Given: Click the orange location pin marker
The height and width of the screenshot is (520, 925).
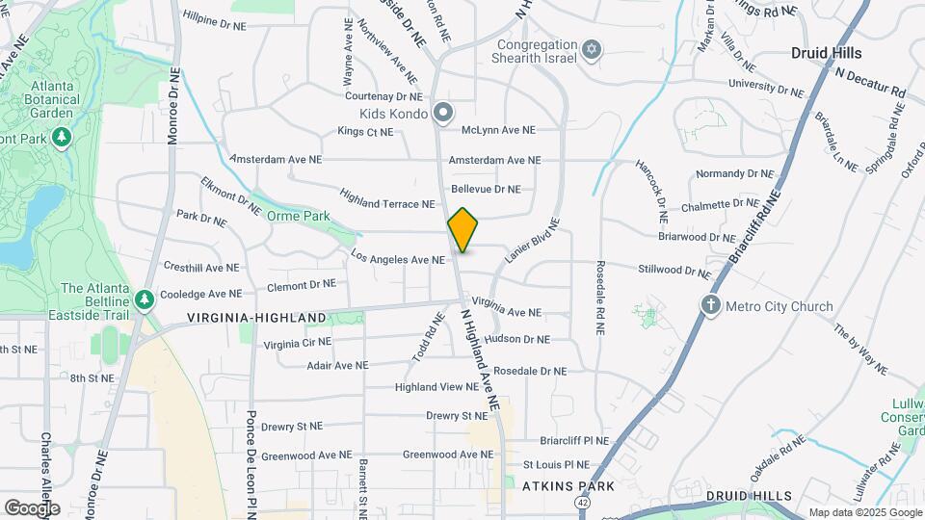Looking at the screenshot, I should (462, 229).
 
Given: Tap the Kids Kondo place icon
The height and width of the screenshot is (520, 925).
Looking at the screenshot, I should (443, 114).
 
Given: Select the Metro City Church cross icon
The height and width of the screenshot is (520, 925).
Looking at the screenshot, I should (711, 306).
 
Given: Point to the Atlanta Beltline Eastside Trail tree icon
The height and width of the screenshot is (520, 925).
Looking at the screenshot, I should (145, 299).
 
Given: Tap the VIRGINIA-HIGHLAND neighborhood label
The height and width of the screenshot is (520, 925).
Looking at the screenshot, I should (256, 318).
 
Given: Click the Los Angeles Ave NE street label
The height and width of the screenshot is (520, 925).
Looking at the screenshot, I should (398, 259).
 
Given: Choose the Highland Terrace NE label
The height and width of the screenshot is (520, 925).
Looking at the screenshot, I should (385, 204).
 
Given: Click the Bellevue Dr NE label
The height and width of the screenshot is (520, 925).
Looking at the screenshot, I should (486, 190).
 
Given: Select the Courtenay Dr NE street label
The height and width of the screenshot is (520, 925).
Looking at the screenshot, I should (383, 96).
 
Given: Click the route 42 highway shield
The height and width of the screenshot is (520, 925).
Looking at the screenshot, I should (583, 503).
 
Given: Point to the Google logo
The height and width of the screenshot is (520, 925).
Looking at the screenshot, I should (32, 507).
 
